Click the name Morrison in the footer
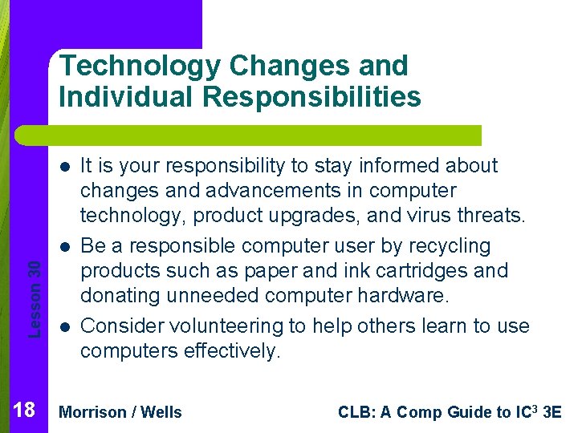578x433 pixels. [93, 412]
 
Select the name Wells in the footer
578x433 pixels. [161, 412]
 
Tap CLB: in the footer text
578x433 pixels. [355, 412]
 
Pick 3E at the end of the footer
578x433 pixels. [552, 412]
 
